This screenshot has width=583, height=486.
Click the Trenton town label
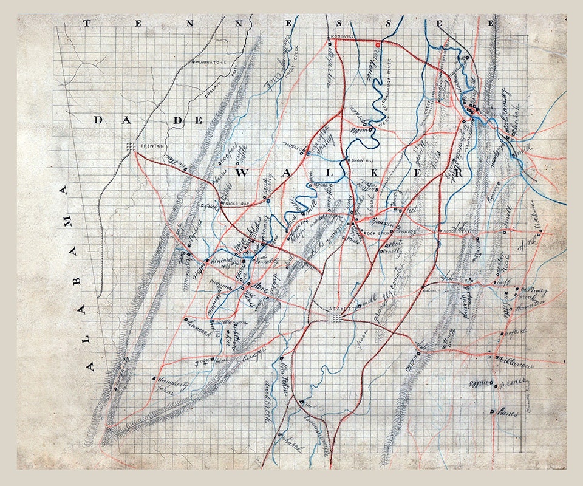tap(149, 146)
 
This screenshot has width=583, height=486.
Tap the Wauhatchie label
tap(209, 62)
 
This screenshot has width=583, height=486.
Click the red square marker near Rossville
tap(377, 44)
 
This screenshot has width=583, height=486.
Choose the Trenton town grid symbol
tap(131, 146)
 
